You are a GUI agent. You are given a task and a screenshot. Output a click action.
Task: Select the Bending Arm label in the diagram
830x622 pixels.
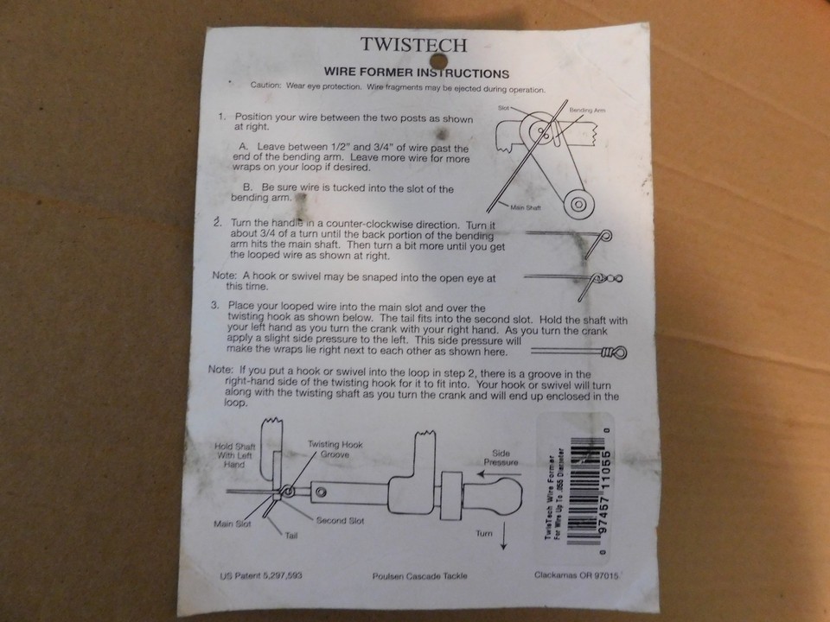pyautogui.click(x=588, y=111)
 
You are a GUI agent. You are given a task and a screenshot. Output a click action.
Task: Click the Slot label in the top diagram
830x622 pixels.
pyautogui.click(x=505, y=109)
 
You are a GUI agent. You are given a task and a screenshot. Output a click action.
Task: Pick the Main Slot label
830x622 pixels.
pyautogui.click(x=233, y=524)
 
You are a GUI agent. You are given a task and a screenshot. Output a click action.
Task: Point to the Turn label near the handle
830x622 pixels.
pyautogui.click(x=484, y=534)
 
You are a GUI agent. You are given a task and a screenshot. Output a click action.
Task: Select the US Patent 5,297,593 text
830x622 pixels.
pyautogui.click(x=261, y=574)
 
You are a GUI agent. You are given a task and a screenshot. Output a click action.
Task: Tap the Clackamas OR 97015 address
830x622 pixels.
pyautogui.click(x=575, y=574)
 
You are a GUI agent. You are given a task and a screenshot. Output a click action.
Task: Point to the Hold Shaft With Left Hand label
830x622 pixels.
pyautogui.click(x=229, y=454)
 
